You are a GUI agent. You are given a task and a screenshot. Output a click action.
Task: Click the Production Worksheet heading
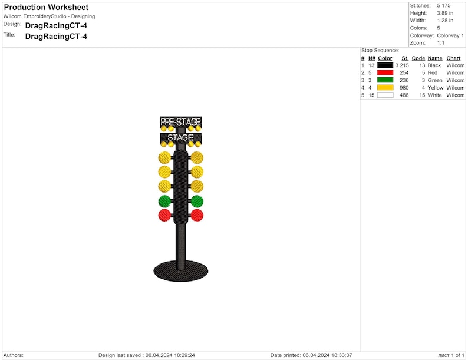(x=46, y=7)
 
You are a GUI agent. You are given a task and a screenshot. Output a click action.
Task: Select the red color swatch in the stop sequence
(x=385, y=72)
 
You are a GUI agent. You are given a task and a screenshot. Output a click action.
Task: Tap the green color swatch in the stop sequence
(x=385, y=80)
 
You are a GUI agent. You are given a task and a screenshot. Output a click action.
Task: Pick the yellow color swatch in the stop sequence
(x=385, y=87)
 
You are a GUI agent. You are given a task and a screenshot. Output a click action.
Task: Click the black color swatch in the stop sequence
(x=385, y=65)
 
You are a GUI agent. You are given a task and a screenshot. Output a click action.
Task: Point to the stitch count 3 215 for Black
(x=402, y=65)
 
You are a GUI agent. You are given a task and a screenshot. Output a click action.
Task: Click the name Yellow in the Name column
(x=436, y=88)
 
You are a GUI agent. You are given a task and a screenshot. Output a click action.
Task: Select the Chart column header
(x=453, y=58)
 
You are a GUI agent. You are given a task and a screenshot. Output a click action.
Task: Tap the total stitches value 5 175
(x=444, y=6)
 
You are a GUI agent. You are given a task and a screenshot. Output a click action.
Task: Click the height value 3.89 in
(x=445, y=13)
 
